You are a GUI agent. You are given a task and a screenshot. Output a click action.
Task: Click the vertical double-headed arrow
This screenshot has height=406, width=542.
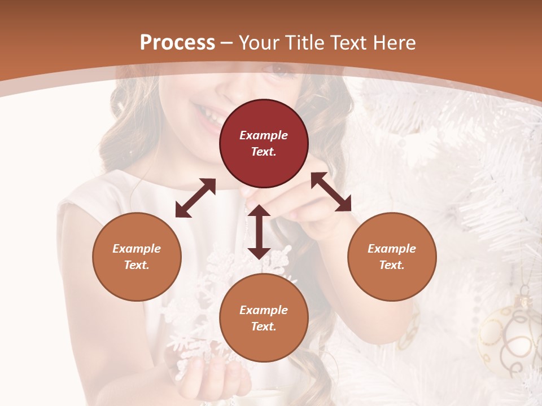click(x=259, y=232)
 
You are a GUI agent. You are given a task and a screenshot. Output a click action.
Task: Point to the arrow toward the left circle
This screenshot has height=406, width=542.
click(x=195, y=198)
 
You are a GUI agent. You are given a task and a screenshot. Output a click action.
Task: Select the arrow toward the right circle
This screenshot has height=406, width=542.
click(x=331, y=192)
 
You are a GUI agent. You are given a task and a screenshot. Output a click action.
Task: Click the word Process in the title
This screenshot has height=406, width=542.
click(x=177, y=42)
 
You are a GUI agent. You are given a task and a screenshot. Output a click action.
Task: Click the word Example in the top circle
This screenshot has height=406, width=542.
click(x=264, y=135)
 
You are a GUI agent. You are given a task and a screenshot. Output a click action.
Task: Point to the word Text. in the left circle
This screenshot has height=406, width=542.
click(x=137, y=265)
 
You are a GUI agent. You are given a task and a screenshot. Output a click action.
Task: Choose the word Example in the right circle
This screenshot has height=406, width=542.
click(x=392, y=249)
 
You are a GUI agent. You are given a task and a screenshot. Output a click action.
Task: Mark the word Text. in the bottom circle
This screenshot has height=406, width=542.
click(x=264, y=326)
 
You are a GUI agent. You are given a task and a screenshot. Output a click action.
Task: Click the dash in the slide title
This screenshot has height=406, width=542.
click(x=227, y=43)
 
